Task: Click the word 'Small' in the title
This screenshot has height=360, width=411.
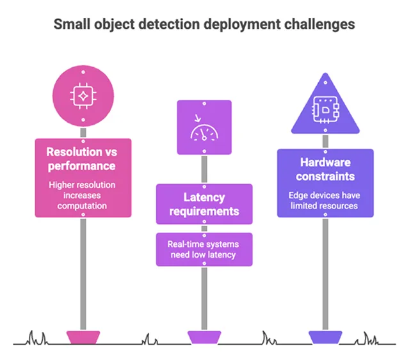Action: [x=70, y=24]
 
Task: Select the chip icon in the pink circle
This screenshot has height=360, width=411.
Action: [x=83, y=96]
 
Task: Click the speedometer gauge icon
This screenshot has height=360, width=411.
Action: [x=204, y=128]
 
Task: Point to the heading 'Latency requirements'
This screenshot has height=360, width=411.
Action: [x=204, y=205]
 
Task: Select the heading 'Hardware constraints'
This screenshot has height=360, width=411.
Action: [x=325, y=169]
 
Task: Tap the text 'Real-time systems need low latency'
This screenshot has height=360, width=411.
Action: [x=204, y=249]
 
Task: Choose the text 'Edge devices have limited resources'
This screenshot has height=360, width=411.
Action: [x=325, y=200]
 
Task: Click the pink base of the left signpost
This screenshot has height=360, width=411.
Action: [x=83, y=337]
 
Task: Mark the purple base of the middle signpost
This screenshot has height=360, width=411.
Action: [x=204, y=337]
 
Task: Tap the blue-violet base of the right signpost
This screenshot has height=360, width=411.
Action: [x=325, y=337]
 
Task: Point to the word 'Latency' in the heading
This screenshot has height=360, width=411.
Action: [x=204, y=198]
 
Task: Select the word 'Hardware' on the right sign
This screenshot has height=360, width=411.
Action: [x=325, y=162]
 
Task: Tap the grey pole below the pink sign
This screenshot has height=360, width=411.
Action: [x=83, y=275]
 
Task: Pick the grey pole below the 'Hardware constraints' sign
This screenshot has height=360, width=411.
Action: [x=325, y=275]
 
